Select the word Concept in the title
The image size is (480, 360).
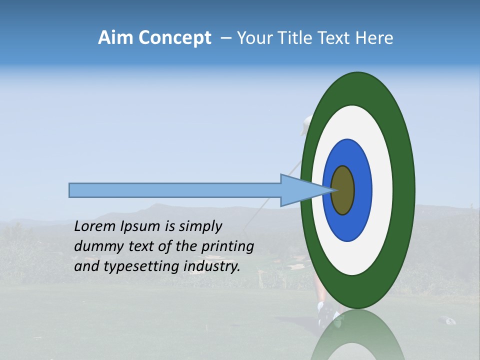coord(175,38)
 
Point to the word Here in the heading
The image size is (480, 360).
coord(374,38)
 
